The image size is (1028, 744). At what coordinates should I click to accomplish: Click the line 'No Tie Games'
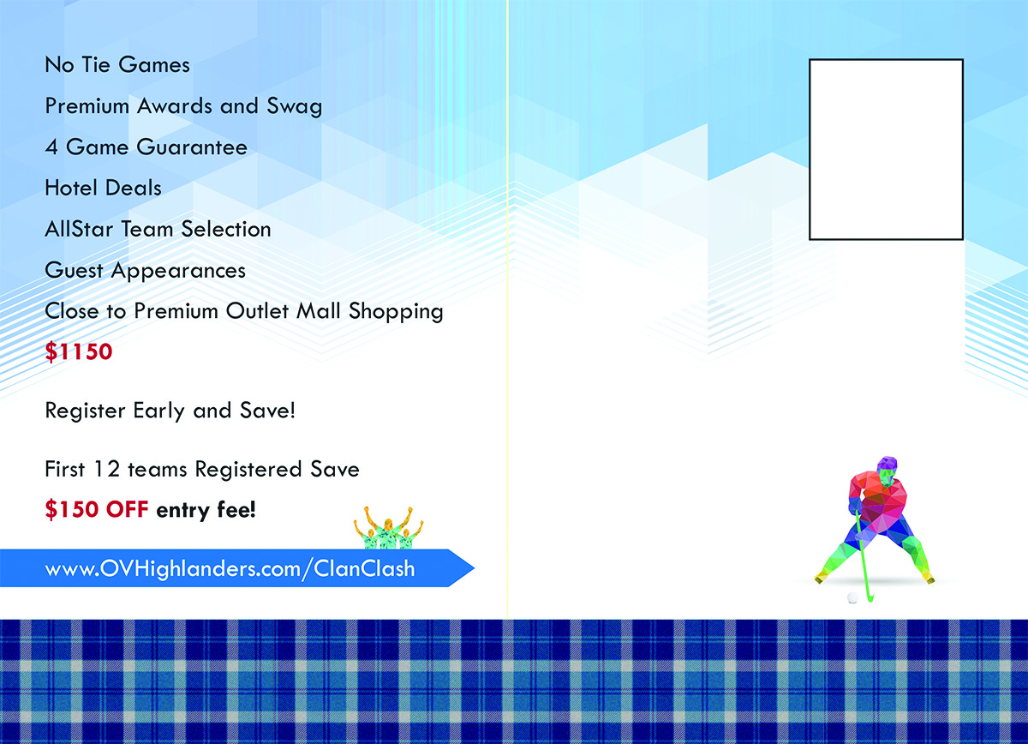(x=117, y=65)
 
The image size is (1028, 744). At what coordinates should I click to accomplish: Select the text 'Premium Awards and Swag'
(x=183, y=106)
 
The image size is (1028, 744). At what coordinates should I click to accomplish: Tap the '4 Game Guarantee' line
(x=146, y=147)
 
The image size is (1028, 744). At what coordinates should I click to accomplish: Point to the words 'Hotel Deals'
(x=103, y=188)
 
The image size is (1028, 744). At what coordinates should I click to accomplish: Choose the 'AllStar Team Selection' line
(x=158, y=229)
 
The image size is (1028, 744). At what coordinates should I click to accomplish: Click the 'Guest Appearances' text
(x=145, y=270)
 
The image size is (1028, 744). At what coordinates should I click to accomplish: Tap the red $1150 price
(x=79, y=351)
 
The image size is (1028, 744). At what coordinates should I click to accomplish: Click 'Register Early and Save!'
(x=170, y=411)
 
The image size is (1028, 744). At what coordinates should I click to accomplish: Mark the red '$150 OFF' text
(x=97, y=510)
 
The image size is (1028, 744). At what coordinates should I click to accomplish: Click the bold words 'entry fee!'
(x=206, y=510)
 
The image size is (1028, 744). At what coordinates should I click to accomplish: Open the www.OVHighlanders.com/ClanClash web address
(x=230, y=569)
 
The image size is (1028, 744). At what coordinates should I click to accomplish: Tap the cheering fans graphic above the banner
(x=389, y=528)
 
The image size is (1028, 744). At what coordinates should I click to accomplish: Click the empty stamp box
(x=886, y=149)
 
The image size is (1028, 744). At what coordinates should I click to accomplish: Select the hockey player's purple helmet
(x=888, y=465)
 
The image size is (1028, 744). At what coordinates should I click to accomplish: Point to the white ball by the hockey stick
(x=852, y=597)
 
